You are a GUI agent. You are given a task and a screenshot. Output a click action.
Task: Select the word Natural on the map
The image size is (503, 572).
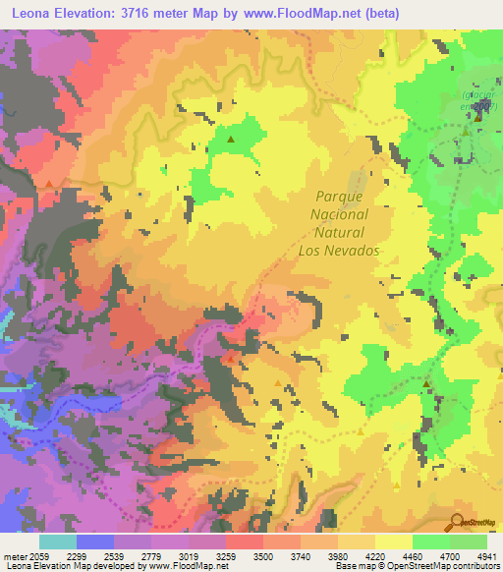tap(340, 232)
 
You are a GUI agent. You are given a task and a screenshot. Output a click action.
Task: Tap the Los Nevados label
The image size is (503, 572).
tap(338, 251)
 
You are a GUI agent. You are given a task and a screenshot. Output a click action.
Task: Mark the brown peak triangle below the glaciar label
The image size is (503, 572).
tap(478, 117)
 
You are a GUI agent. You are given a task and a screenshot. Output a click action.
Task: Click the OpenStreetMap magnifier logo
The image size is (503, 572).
tap(458, 522)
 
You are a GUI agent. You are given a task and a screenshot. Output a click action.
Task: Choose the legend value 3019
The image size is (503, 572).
tap(188, 556)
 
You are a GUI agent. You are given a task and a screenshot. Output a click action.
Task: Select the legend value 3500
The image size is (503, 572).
tap(263, 556)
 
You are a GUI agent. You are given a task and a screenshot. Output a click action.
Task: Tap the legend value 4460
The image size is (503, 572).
tap(414, 556)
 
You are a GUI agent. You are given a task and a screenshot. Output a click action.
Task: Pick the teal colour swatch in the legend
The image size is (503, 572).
tap(57, 542)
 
